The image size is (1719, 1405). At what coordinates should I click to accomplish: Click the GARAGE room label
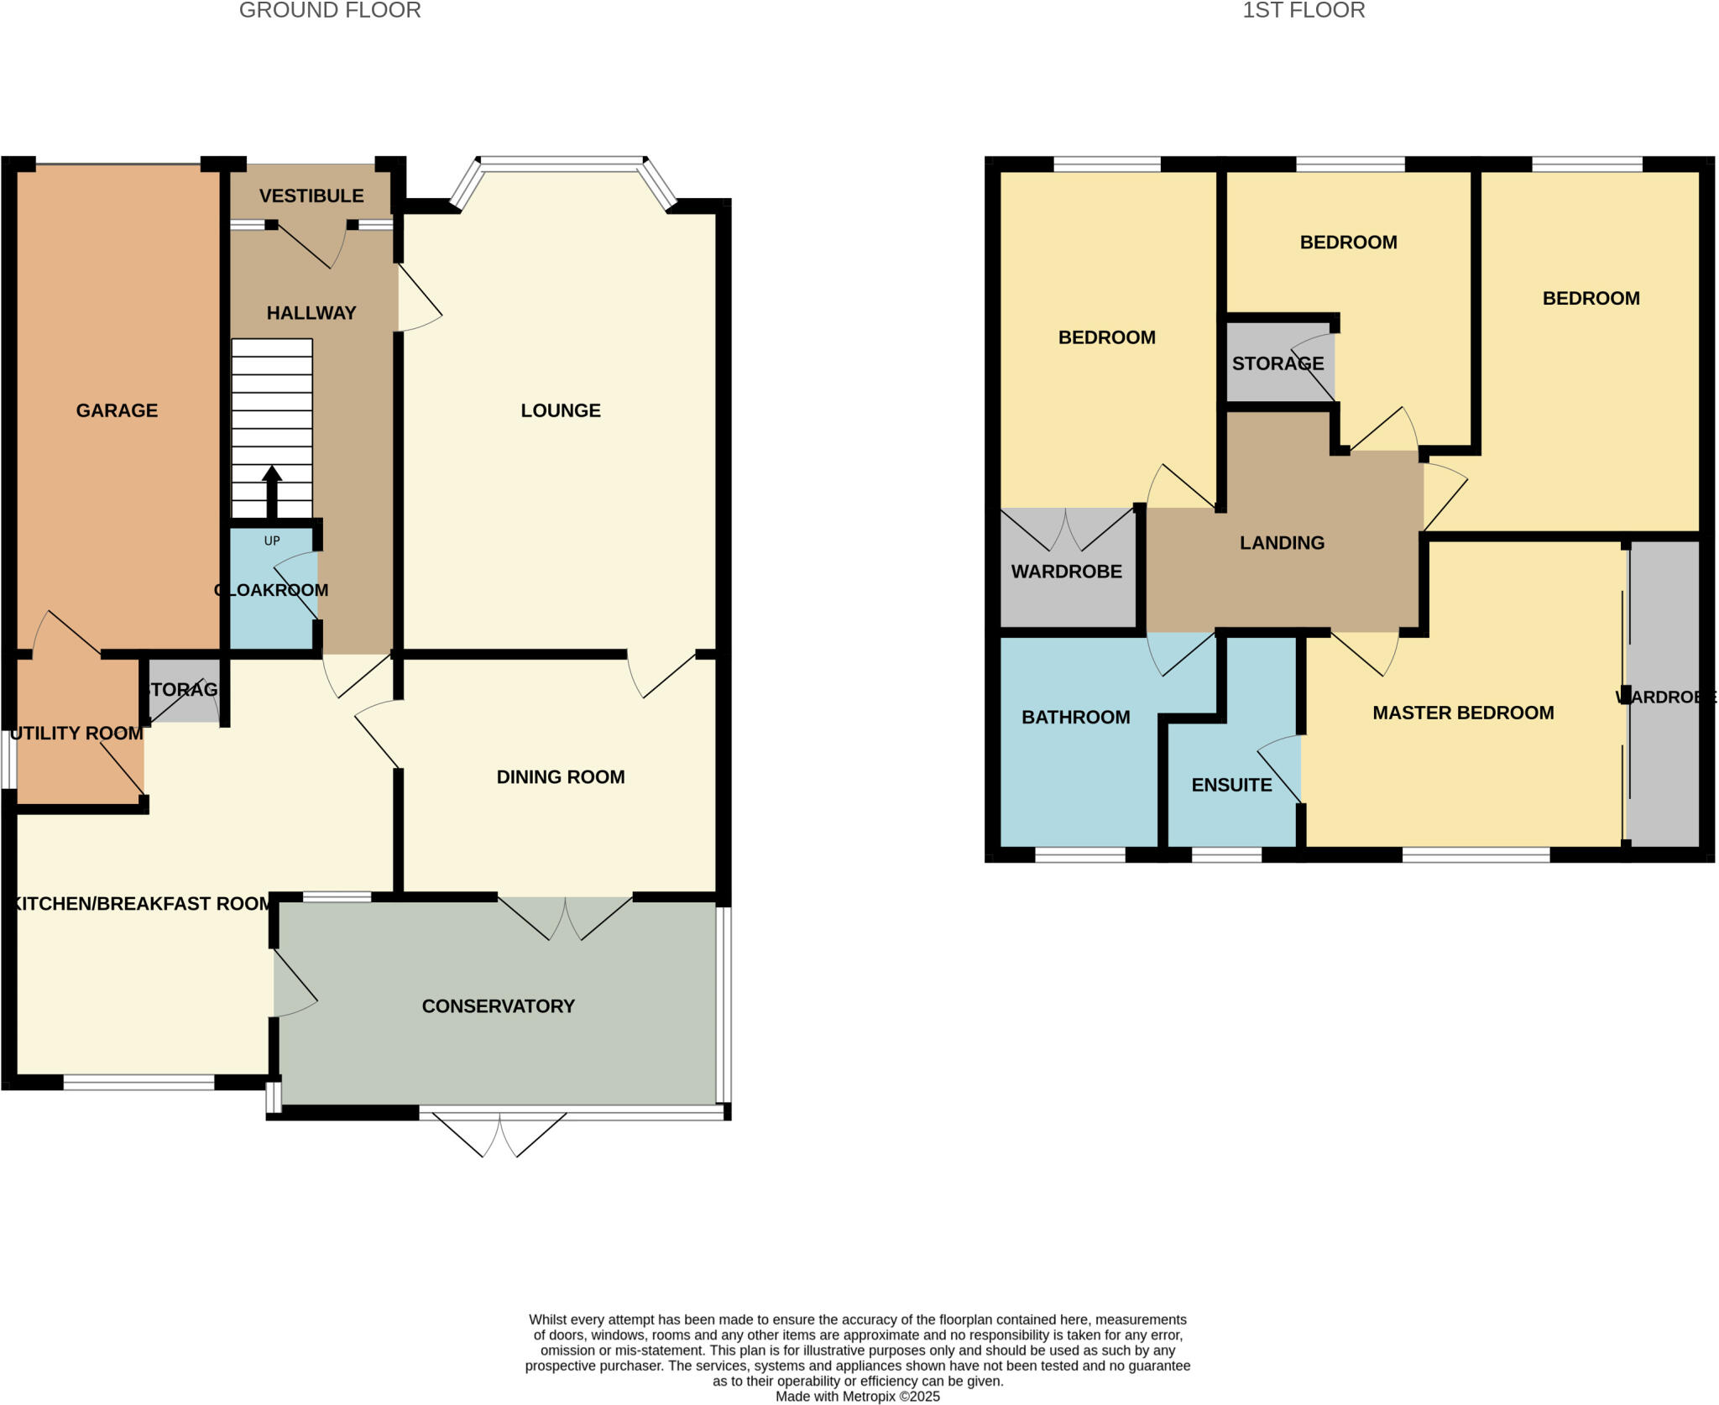coord(117,410)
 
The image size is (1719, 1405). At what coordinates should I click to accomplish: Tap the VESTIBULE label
coord(311,196)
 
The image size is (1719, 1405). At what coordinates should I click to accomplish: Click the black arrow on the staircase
coord(272,491)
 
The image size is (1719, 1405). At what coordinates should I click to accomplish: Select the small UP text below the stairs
coord(272,541)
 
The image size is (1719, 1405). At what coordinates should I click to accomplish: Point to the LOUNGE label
coord(561,410)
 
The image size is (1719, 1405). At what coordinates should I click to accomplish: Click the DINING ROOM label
coord(561,777)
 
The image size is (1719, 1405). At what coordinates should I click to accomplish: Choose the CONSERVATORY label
coord(498,1006)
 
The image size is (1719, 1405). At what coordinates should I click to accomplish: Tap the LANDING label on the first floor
coord(1282,543)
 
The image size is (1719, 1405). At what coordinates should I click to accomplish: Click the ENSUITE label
coord(1231,786)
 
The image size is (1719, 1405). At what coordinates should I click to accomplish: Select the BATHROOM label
coord(1075,718)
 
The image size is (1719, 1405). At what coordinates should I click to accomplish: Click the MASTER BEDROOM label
coord(1463,713)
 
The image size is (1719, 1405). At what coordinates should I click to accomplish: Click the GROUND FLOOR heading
coord(330,11)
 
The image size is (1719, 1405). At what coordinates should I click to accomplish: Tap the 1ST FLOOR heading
coord(1304,11)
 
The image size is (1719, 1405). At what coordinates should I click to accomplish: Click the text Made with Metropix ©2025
coord(857,1397)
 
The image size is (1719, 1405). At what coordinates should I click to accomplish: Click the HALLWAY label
coord(311,313)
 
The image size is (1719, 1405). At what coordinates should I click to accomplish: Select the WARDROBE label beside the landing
coord(1066,572)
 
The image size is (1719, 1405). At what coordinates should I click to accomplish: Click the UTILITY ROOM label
coord(76,734)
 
